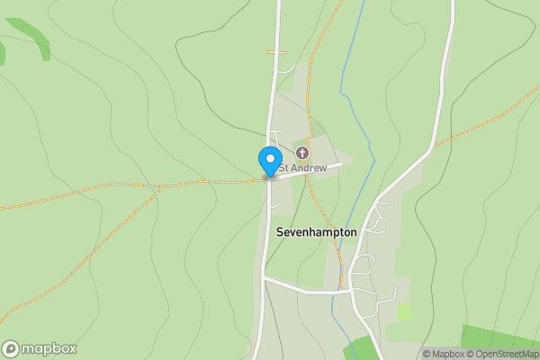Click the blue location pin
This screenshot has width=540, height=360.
pos(269,160)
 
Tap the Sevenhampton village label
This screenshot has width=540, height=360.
pos(315,232)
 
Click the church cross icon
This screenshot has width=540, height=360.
pos(301,153)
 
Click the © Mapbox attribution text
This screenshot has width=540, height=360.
pos(443,354)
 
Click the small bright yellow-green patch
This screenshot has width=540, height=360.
pos(404,312)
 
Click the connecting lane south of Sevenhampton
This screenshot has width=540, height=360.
pos(306,290)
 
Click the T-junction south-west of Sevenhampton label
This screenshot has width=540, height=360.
pos(265,279)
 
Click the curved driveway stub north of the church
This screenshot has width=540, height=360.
pos(286,68)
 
